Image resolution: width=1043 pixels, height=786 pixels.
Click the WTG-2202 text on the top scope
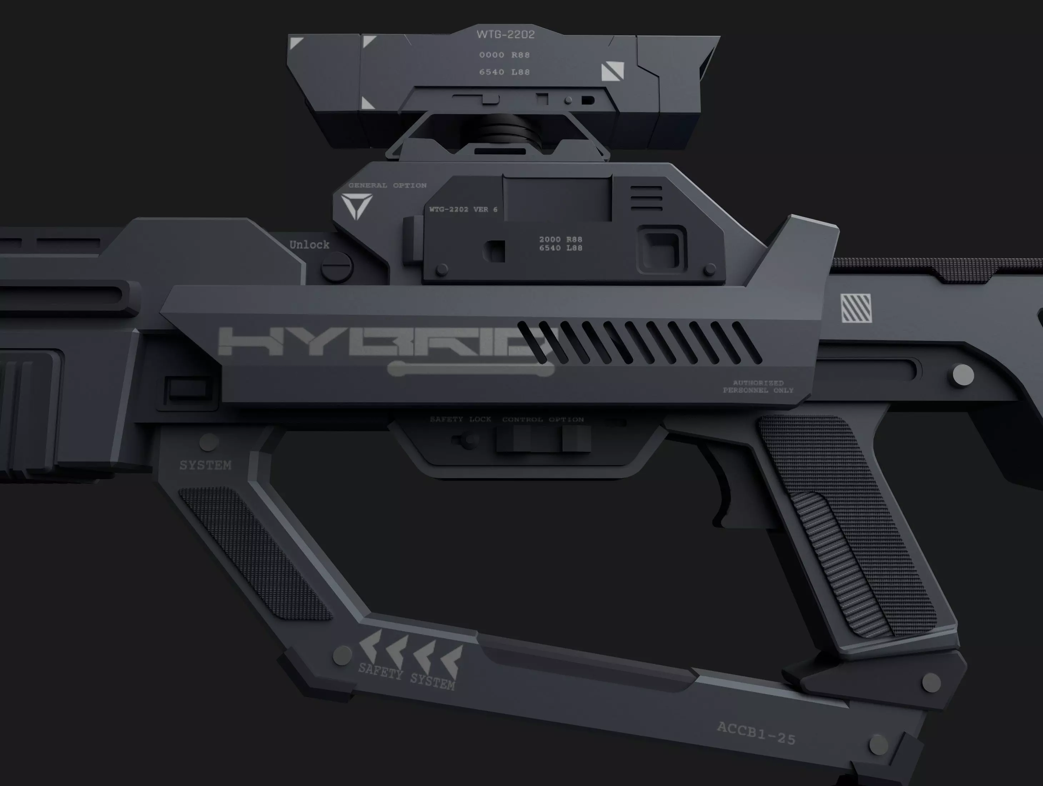[505, 34]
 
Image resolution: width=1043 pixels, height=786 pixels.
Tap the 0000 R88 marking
[504, 55]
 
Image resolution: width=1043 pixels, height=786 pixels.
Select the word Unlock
[309, 245]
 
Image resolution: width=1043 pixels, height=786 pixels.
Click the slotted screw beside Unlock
[337, 267]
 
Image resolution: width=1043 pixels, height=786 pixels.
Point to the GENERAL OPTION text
[387, 185]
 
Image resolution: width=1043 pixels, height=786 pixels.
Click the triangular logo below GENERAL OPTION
[357, 207]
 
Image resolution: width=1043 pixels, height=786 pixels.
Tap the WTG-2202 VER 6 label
[463, 209]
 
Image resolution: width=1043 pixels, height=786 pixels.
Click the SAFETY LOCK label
[460, 419]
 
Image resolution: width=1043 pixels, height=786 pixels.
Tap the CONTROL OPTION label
[543, 419]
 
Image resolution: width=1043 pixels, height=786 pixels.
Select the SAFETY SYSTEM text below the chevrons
[406, 676]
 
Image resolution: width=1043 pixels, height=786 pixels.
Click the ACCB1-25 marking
[756, 733]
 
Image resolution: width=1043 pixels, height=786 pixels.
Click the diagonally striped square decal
[856, 308]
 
